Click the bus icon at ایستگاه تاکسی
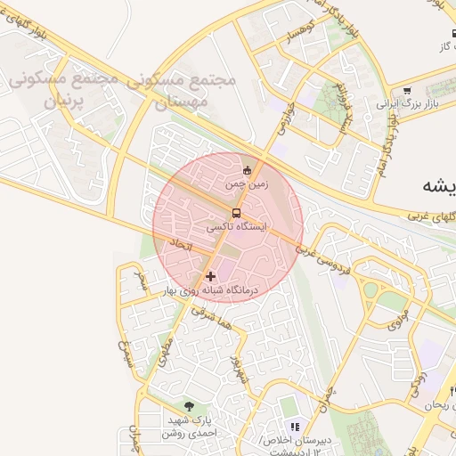(x=237, y=213)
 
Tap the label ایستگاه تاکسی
(x=237, y=228)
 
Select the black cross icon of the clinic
(x=210, y=276)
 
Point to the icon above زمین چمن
(x=247, y=170)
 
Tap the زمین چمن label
(x=245, y=183)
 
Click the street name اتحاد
(x=181, y=244)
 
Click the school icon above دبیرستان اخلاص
(x=295, y=427)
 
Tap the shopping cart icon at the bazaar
(x=407, y=90)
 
